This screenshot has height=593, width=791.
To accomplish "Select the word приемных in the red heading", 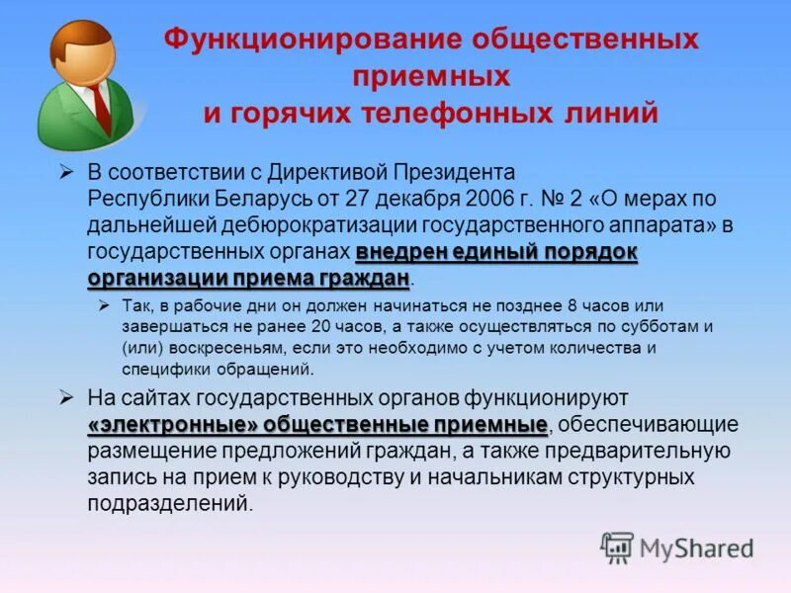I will [430, 76].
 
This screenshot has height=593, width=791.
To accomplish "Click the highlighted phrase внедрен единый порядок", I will [496, 250].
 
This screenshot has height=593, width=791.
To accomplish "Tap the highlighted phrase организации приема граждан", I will [248, 277].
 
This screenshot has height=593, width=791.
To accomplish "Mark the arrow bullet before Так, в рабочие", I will [105, 302].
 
